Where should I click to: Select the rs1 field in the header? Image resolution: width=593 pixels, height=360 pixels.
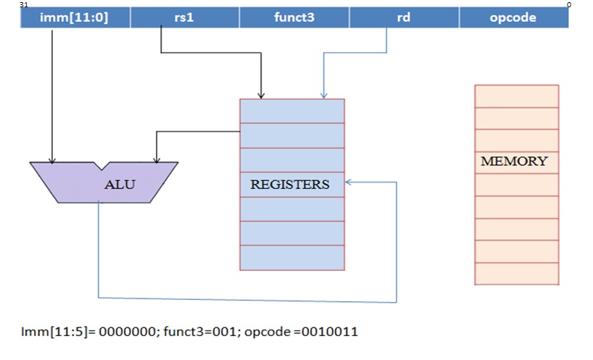click(185, 18)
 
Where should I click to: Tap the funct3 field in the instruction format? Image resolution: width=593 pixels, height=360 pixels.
click(294, 18)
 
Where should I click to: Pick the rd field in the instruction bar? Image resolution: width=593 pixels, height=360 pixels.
click(404, 18)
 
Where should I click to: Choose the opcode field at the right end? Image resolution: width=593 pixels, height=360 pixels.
click(513, 18)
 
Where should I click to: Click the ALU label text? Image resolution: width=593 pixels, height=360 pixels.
click(120, 184)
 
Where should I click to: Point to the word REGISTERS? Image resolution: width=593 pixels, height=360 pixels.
click(290, 185)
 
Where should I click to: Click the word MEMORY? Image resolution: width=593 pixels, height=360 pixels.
click(514, 162)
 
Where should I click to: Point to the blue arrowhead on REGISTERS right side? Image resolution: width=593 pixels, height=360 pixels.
click(349, 183)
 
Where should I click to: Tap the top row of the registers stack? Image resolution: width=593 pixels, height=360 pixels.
click(292, 111)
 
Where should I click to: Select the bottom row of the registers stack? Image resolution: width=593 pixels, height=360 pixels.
click(292, 258)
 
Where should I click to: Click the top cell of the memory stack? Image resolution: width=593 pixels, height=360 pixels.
click(516, 96)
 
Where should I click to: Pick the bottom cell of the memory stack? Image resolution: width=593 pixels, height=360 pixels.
click(516, 273)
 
